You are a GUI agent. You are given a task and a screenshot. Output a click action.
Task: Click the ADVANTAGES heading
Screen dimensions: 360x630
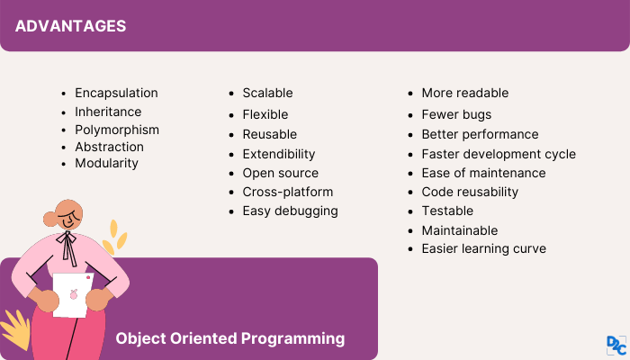click(70, 25)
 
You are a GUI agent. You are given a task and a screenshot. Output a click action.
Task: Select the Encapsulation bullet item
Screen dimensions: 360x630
click(116, 93)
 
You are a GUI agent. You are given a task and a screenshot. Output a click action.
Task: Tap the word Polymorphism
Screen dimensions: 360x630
click(116, 129)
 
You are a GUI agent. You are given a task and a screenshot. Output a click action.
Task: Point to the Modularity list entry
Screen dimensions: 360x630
click(106, 163)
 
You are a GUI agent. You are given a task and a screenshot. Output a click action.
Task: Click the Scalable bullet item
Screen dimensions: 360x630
click(267, 93)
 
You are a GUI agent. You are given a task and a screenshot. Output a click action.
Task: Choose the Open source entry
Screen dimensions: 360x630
click(280, 173)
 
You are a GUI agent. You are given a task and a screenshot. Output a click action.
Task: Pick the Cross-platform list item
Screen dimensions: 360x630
click(287, 192)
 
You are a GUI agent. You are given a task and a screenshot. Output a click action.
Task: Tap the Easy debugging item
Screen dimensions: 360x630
click(290, 211)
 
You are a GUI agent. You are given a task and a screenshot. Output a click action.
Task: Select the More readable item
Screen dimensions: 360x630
click(464, 93)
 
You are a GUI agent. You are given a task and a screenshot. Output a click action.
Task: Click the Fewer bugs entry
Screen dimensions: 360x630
click(456, 114)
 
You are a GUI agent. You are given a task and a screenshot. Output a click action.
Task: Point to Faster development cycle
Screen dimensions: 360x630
click(498, 154)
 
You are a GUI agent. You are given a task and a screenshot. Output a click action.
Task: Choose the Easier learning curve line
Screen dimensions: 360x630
click(483, 248)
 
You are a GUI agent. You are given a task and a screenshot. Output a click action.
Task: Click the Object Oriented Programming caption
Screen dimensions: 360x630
click(230, 338)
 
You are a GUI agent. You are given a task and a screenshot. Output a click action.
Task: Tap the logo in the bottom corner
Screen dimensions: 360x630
click(616, 346)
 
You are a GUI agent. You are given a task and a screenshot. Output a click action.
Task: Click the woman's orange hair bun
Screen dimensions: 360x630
click(51, 219)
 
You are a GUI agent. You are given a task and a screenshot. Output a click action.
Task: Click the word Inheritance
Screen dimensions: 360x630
click(108, 112)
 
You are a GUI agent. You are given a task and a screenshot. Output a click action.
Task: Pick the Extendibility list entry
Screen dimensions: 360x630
click(278, 154)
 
